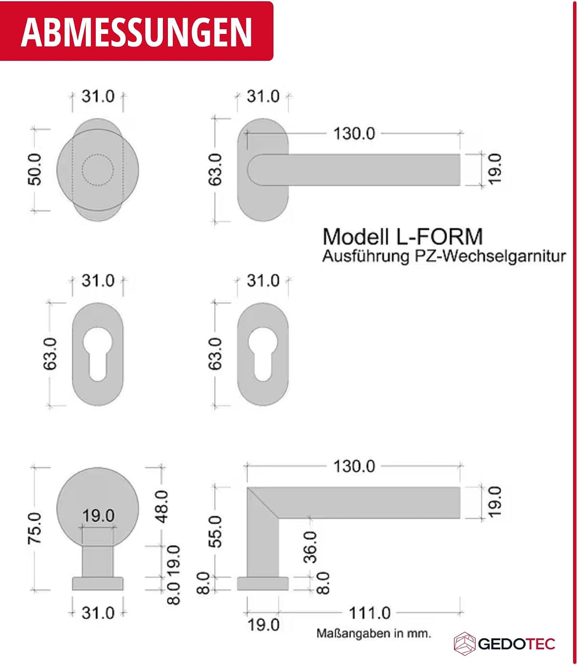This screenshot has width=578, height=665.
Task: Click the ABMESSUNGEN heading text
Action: (x=136, y=32)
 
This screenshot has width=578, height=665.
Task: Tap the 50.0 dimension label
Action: (x=35, y=169)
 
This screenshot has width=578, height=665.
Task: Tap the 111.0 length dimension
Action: (x=369, y=613)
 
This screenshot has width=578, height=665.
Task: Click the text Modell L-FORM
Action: (x=402, y=237)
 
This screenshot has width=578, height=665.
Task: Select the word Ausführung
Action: (x=366, y=257)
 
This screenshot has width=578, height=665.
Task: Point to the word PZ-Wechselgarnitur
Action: (x=490, y=257)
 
